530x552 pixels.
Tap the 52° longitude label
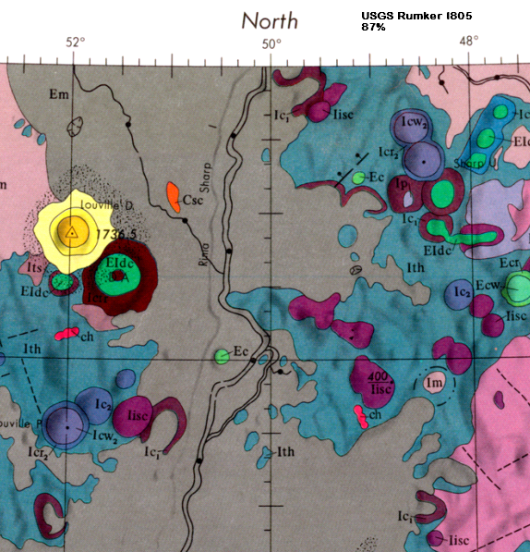(75, 42)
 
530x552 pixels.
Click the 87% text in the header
(374, 28)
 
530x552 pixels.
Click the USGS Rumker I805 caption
(413, 16)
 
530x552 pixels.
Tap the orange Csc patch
(172, 195)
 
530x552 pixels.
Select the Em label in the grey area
(59, 94)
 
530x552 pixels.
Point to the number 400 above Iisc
(376, 377)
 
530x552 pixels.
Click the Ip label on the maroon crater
(402, 185)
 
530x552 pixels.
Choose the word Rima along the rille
(204, 252)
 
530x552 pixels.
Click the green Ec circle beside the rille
(222, 356)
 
